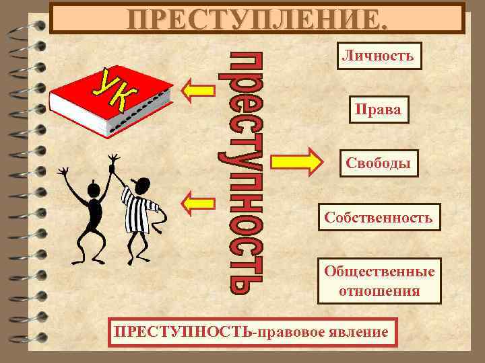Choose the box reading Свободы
coord(379,163)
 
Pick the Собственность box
coord(378,218)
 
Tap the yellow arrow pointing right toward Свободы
coord(296,162)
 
